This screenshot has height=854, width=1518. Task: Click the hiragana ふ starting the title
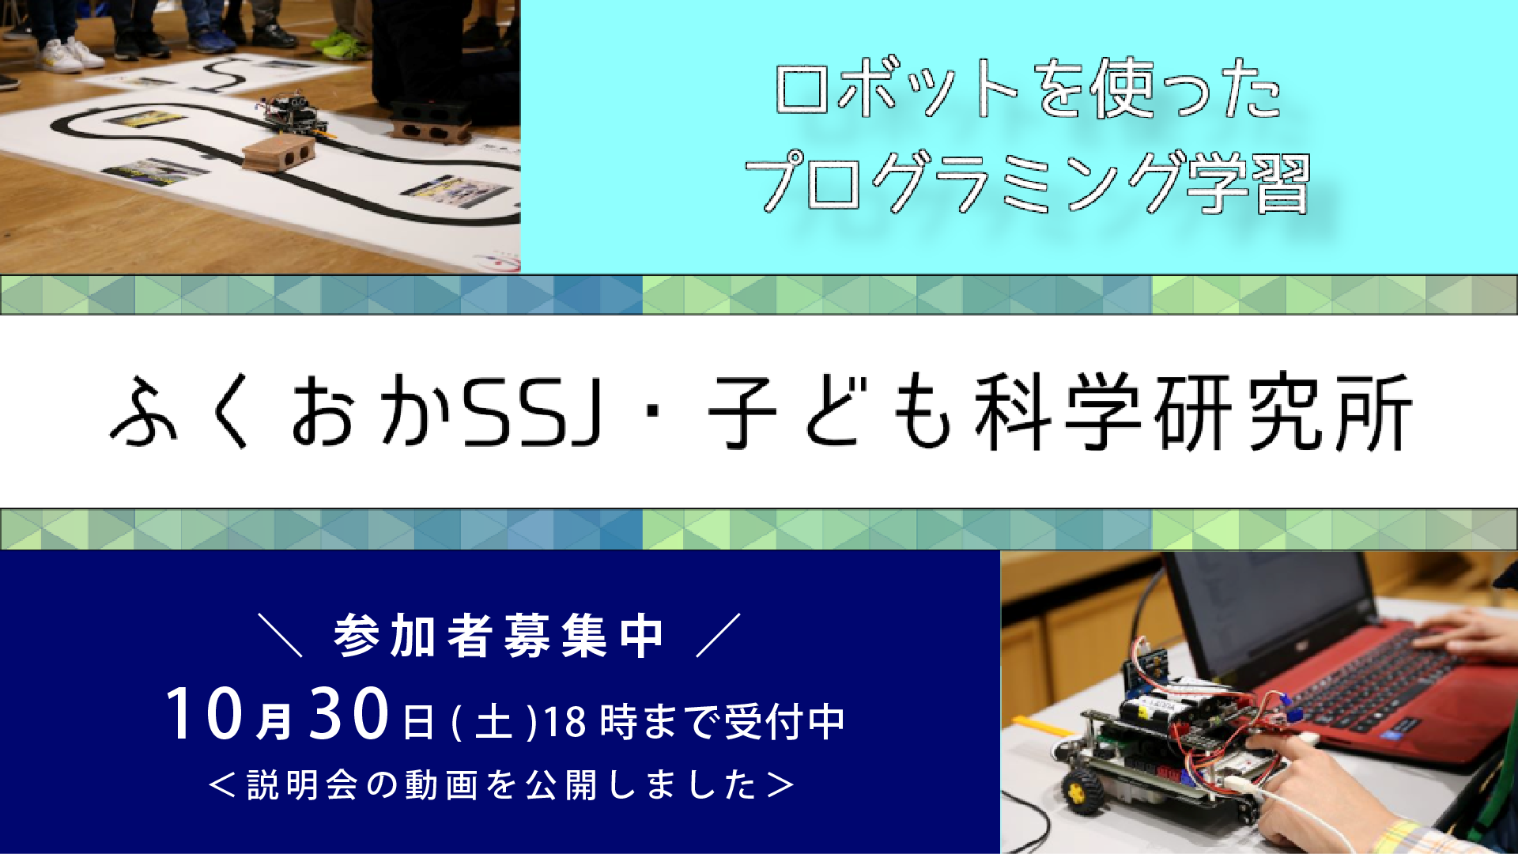(x=143, y=412)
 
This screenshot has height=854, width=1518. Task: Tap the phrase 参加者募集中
(x=499, y=636)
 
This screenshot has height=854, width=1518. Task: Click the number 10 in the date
(x=204, y=713)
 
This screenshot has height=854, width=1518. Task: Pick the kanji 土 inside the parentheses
(x=494, y=722)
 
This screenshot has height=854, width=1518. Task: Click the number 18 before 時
(x=565, y=722)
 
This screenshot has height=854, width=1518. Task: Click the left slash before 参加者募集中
(x=281, y=635)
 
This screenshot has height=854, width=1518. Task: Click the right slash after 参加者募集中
(x=719, y=635)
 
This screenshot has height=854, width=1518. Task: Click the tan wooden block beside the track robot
(x=278, y=152)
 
